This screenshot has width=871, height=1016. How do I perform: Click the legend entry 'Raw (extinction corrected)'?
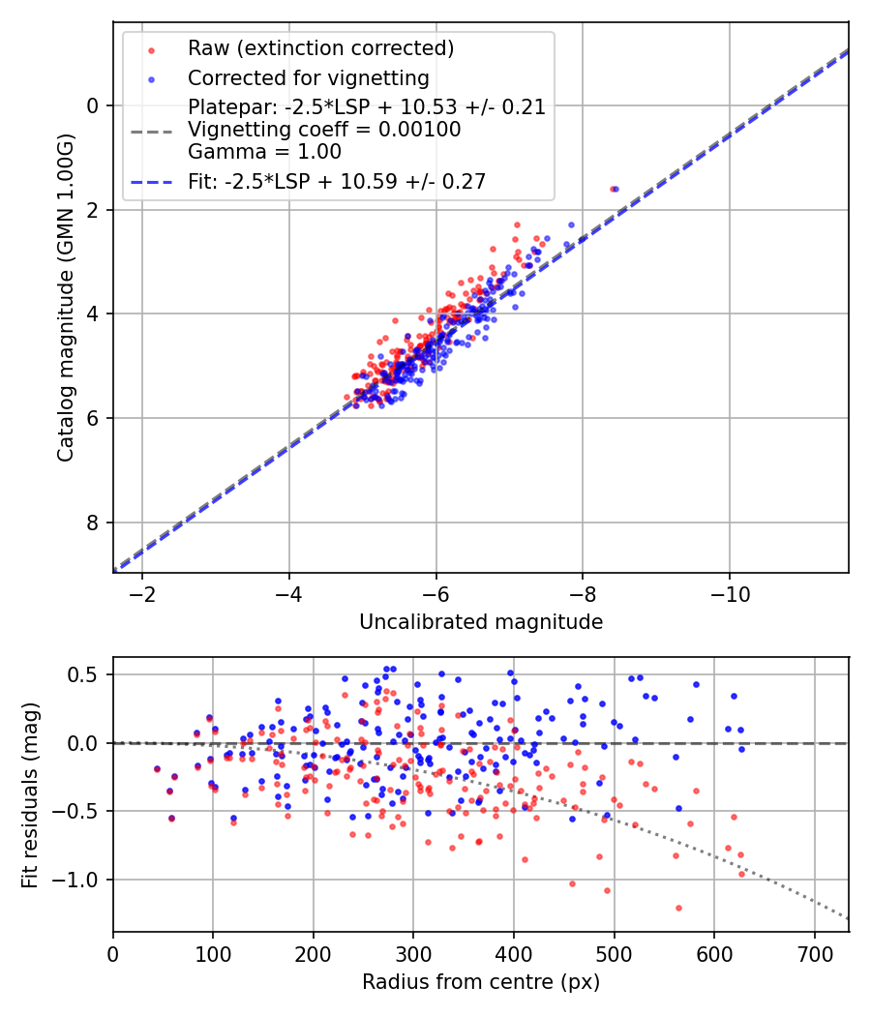[320, 47]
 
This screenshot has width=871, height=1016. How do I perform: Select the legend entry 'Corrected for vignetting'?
[309, 77]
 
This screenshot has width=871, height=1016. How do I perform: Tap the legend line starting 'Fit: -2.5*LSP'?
[337, 181]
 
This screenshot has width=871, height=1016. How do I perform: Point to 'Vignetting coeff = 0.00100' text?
[324, 130]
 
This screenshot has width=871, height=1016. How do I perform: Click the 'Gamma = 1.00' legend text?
[264, 152]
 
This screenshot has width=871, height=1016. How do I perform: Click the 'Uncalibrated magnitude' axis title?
[481, 622]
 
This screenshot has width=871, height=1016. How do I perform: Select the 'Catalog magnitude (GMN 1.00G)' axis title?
[66, 297]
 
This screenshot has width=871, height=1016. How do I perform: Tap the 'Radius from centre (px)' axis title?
[481, 982]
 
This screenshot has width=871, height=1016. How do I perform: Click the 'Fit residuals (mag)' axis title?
[30, 793]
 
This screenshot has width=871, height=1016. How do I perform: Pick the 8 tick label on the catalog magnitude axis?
[94, 523]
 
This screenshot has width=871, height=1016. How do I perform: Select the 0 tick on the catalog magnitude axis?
[94, 105]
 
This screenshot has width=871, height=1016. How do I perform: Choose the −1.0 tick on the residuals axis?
[81, 880]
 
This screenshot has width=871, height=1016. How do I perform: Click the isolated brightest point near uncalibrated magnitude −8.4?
[614, 189]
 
